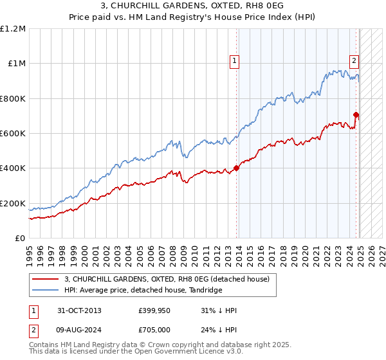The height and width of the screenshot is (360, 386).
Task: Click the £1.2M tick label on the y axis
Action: tap(13, 29)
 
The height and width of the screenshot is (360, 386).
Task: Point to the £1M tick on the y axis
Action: tap(17, 64)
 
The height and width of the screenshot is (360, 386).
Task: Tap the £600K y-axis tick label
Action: tap(13, 134)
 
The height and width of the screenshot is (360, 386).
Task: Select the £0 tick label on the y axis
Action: tap(20, 238)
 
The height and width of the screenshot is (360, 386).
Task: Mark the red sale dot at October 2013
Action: tap(237, 168)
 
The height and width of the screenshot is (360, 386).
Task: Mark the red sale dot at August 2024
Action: tap(356, 115)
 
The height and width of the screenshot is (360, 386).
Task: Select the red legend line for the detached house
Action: tap(45, 279)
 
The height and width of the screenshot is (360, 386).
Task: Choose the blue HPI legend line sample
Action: tap(45, 291)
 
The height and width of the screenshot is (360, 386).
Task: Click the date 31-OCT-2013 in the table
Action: tap(79, 310)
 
